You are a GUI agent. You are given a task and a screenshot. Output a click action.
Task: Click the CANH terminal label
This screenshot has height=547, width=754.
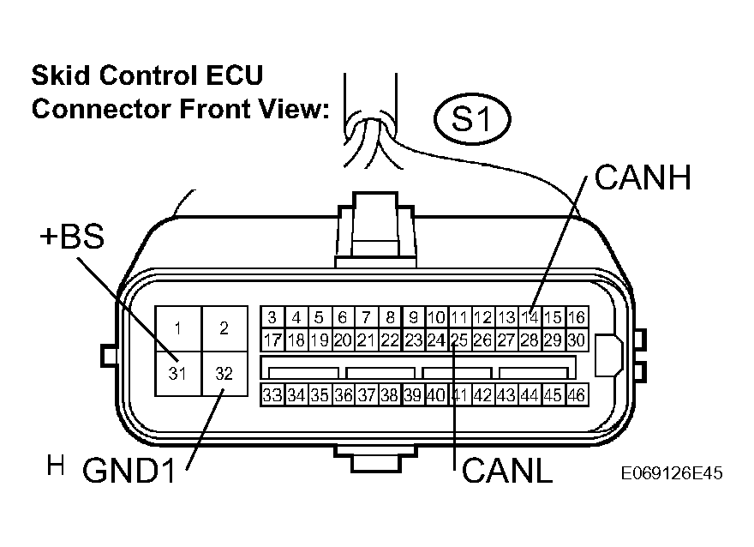pos(643,177)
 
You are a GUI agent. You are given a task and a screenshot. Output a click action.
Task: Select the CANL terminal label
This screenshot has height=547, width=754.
pos(507,470)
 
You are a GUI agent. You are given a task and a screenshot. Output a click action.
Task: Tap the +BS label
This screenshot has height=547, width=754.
pos(72,237)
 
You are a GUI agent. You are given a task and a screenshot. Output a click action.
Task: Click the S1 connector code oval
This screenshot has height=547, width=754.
pos(472,119)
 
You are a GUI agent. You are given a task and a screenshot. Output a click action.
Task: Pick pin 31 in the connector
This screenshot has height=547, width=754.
pos(177,373)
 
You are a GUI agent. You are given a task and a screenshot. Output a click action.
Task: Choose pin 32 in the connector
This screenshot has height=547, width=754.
pos(224,373)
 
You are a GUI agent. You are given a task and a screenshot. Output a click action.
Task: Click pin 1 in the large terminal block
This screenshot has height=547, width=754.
pos(177,328)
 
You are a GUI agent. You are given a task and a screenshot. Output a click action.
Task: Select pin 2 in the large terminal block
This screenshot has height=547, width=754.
pos(224,328)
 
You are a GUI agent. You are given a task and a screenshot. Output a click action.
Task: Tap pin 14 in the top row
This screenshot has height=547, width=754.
pos(530,317)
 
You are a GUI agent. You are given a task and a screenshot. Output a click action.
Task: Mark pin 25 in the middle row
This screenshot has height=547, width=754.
pos(459,340)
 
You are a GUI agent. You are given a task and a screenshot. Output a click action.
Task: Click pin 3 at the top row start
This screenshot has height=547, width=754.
pos(272,317)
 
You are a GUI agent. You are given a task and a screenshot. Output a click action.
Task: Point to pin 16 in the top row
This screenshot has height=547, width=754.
pos(577,317)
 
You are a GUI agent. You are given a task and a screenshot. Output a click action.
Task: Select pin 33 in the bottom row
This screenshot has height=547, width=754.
pos(272,395)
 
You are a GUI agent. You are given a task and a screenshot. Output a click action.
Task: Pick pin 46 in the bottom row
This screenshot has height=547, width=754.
pos(577,395)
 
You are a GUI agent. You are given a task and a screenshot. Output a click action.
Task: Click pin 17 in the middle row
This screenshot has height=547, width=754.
pos(272,340)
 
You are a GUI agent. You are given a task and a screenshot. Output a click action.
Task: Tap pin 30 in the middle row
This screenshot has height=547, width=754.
pos(577,340)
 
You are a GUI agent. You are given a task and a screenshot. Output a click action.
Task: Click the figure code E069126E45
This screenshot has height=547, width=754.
pos(672,473)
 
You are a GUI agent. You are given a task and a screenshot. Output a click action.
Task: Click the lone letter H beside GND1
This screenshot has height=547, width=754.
pos(56,465)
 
